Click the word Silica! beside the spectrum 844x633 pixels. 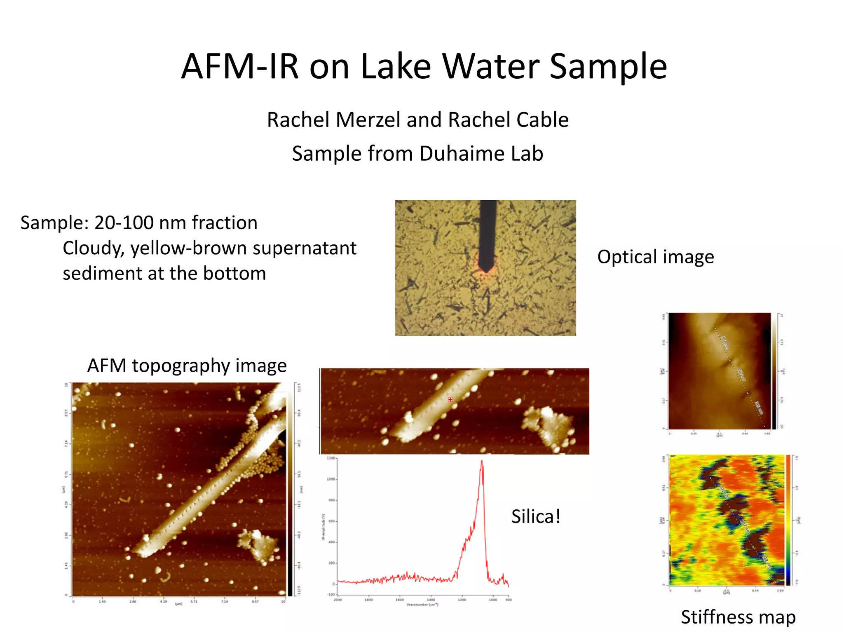(536, 517)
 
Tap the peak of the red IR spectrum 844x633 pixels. (482, 462)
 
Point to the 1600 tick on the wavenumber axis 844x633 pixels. (399, 600)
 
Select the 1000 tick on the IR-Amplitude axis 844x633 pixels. (331, 479)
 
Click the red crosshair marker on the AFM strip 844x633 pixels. (450, 399)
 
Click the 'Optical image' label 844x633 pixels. (655, 257)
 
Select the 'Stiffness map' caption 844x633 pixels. (738, 617)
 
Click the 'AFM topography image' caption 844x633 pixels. (187, 366)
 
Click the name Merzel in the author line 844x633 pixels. (368, 120)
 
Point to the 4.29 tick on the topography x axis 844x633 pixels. (164, 602)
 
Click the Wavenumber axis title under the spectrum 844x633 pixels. (422, 605)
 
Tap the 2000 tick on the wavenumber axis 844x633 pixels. (338, 600)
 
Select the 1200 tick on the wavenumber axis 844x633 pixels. (462, 600)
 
